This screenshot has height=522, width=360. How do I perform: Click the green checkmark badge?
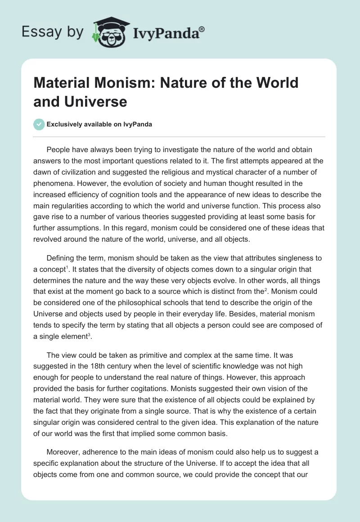click(39, 125)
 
